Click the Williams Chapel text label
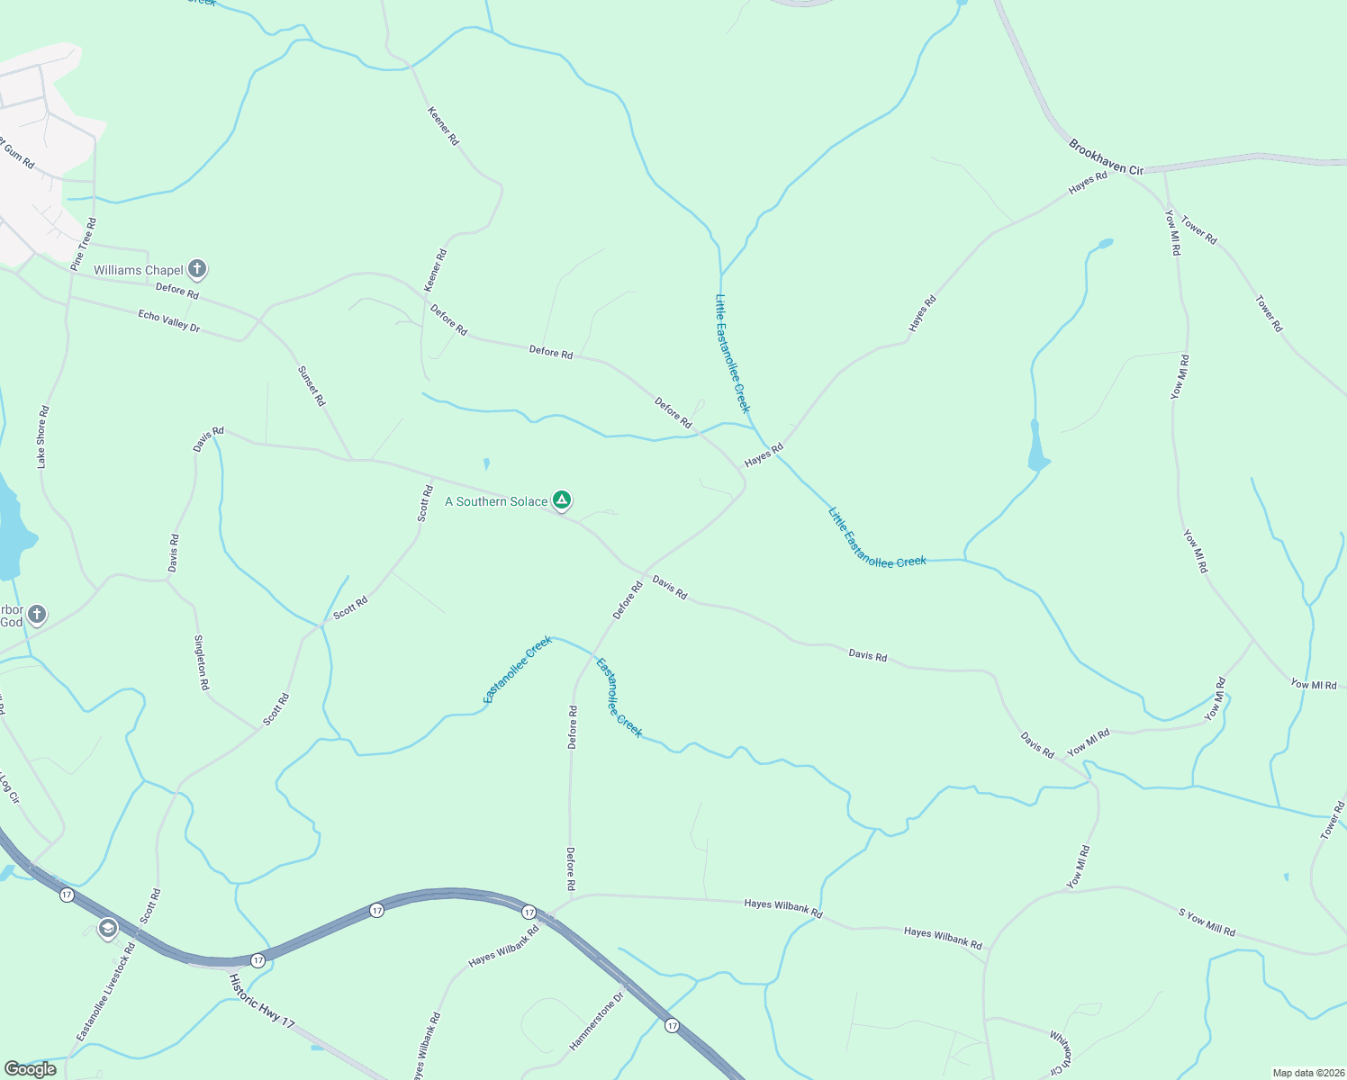click(139, 270)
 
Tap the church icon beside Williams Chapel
click(197, 268)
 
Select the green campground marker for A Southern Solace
click(562, 499)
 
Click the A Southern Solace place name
click(496, 501)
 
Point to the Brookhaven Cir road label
click(1106, 157)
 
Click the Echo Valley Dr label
click(168, 320)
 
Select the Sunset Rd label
click(312, 385)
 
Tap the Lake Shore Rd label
click(42, 436)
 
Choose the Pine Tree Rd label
click(84, 244)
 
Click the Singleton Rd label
click(202, 662)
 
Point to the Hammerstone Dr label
click(596, 1021)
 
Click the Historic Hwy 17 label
click(261, 1001)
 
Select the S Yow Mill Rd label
click(1207, 922)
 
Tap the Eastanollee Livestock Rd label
click(106, 992)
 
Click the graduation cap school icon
click(108, 929)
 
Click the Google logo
click(30, 1069)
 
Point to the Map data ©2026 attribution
click(1306, 1073)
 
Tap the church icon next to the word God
click(36, 615)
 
